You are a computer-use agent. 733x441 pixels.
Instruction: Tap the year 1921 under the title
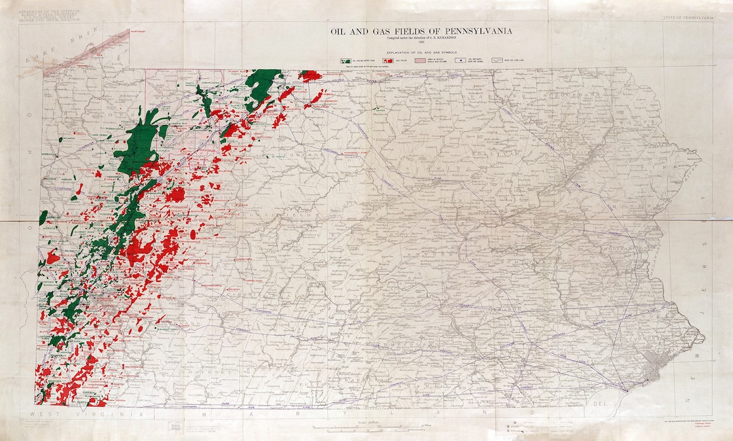421,43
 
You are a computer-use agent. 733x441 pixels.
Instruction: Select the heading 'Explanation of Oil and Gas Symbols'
421,52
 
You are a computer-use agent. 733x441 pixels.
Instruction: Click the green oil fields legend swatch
345,60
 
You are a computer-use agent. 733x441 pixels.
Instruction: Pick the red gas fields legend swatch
388,60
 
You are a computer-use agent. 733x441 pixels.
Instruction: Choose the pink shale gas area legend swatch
428,60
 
